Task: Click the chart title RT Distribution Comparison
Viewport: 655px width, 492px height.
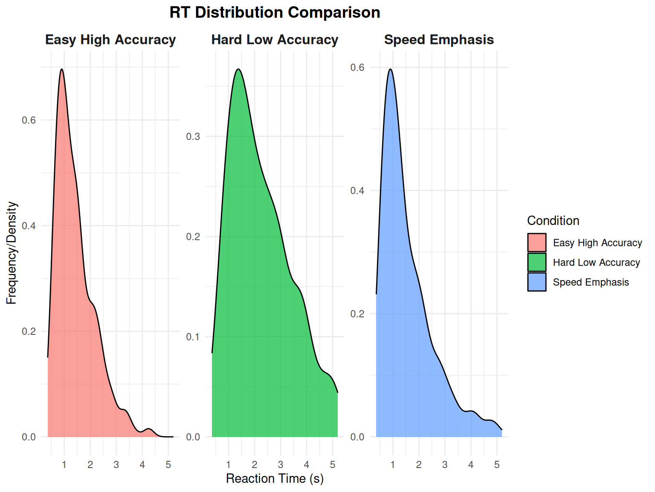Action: (275, 12)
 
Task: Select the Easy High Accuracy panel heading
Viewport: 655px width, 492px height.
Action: (110, 40)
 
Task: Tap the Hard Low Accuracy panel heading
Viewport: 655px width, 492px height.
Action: (275, 40)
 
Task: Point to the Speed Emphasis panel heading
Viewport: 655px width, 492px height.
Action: (439, 40)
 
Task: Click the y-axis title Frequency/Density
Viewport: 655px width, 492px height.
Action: (12, 253)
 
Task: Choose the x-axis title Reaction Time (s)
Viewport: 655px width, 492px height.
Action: (275, 479)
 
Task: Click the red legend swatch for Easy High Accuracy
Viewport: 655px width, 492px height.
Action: (536, 243)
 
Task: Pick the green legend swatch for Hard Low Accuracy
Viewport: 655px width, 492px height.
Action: (536, 262)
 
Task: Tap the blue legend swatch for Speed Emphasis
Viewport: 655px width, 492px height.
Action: (536, 282)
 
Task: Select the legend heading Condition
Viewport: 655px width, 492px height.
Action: (553, 221)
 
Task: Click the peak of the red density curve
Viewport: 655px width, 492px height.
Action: (62, 69)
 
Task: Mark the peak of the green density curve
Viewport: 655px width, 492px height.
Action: (238, 69)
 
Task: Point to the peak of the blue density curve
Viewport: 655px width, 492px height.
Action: (390, 69)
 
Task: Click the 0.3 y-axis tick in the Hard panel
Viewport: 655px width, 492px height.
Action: (193, 137)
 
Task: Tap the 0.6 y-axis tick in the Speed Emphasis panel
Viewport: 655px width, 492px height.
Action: (357, 67)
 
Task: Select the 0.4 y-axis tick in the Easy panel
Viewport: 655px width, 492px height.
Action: (29, 226)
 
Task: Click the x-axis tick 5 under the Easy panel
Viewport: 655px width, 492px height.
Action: (168, 465)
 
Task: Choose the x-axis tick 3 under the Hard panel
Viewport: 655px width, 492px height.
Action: (280, 465)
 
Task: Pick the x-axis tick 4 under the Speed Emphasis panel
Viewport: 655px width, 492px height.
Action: (471, 465)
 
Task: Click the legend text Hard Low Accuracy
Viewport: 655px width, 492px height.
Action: (596, 263)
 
